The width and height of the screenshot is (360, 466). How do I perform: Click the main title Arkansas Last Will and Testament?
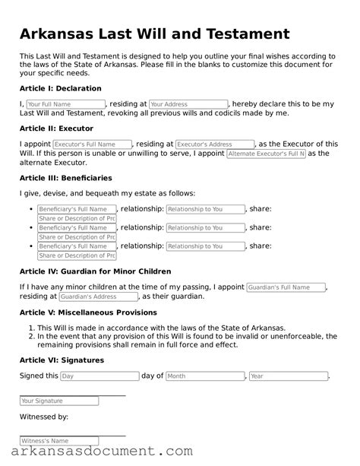pos(154,34)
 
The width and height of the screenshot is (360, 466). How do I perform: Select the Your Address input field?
pos(188,103)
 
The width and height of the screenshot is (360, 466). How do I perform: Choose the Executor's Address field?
pos(215,144)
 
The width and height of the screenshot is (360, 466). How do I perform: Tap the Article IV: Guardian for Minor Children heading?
pos(95,271)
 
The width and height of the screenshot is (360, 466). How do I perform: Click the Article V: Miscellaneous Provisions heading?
pos(88,312)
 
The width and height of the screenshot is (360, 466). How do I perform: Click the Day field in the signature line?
pos(99,376)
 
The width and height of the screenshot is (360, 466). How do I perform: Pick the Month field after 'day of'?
pos(205,376)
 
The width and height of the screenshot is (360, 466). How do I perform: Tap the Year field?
pos(288,376)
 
